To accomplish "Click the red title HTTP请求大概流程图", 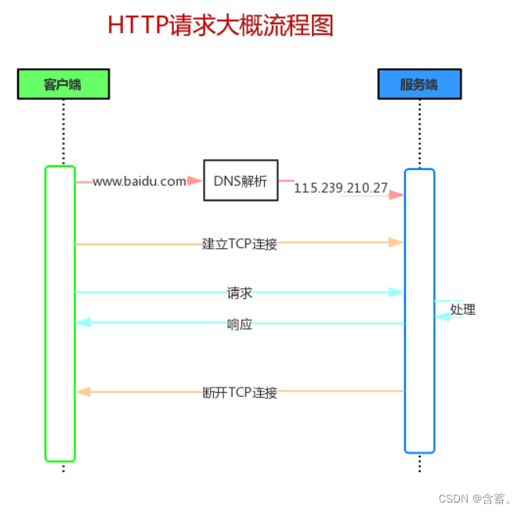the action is point(220,25).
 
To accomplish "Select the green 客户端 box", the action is point(63,84).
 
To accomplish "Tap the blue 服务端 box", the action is point(419,84).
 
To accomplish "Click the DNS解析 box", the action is point(241,181).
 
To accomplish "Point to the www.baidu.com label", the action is point(139,182).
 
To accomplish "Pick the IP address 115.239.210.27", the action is point(341,188).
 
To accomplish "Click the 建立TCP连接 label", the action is point(240,243).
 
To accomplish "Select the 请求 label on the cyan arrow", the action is point(240,293).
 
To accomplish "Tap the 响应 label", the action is point(240,323).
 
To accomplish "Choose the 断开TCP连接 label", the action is point(240,391).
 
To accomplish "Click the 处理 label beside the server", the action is point(463,309).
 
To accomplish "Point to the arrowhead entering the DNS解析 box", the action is point(196,181).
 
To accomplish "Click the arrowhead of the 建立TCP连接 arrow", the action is point(396,243).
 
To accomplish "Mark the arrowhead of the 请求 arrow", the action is point(396,292).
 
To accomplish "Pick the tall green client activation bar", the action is point(60,313).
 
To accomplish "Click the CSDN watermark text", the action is point(475,499).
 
